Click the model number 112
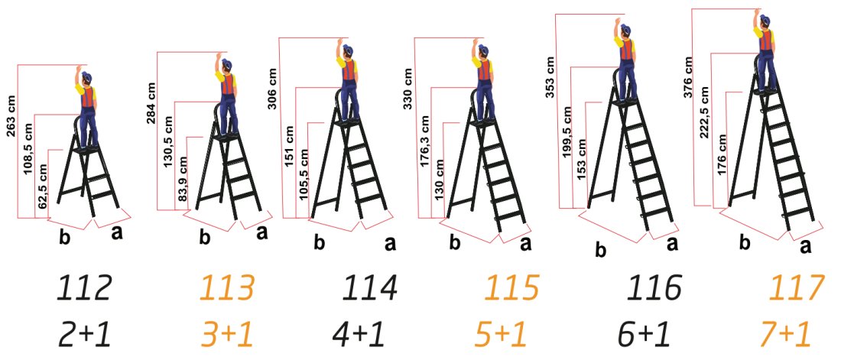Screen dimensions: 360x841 click(x=85, y=289)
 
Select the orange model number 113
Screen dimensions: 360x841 click(x=227, y=289)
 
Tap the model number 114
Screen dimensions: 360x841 click(x=369, y=289)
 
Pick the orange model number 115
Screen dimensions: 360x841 click(x=511, y=289)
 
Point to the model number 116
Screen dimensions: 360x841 click(x=654, y=289)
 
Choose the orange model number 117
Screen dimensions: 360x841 click(x=797, y=289)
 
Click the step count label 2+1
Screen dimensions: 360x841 click(x=85, y=335)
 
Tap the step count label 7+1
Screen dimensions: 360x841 click(x=787, y=335)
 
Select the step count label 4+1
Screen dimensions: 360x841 click(x=359, y=335)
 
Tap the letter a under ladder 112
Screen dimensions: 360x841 click(x=116, y=233)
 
